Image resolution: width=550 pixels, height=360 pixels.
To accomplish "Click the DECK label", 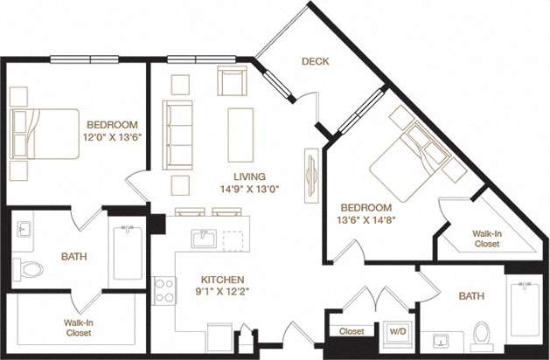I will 315,61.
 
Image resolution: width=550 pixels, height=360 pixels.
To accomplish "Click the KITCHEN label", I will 219,280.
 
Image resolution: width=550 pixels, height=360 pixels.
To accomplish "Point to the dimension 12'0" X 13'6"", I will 112,137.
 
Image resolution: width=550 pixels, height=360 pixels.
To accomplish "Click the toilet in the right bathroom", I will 480,335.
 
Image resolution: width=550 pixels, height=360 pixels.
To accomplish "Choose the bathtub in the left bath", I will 128,253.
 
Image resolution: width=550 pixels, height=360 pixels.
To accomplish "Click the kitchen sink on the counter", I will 207,239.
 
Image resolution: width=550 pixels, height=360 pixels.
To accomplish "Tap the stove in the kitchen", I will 164,289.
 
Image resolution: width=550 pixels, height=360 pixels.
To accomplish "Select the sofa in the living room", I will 178,135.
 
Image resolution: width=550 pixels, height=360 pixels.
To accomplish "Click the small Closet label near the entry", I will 351,332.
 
